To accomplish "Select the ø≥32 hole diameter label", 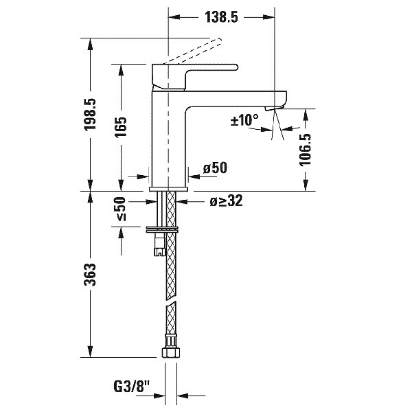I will (x=226, y=201).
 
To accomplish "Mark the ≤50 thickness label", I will (x=121, y=209).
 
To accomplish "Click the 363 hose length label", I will (x=91, y=275).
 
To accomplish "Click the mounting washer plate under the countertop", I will (x=163, y=227).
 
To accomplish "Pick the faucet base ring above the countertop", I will (x=168, y=187).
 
